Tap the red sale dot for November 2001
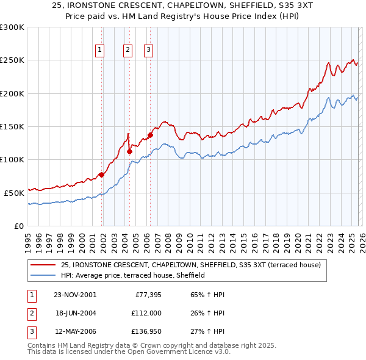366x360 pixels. (102, 175)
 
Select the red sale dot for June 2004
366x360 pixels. (129, 152)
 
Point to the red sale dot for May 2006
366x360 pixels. (150, 135)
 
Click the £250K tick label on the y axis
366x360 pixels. (12, 60)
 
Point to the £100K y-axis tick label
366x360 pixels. (12, 159)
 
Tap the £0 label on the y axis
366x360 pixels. (20, 226)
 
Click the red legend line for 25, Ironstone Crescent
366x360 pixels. (45, 265)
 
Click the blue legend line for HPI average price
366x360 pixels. (45, 275)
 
